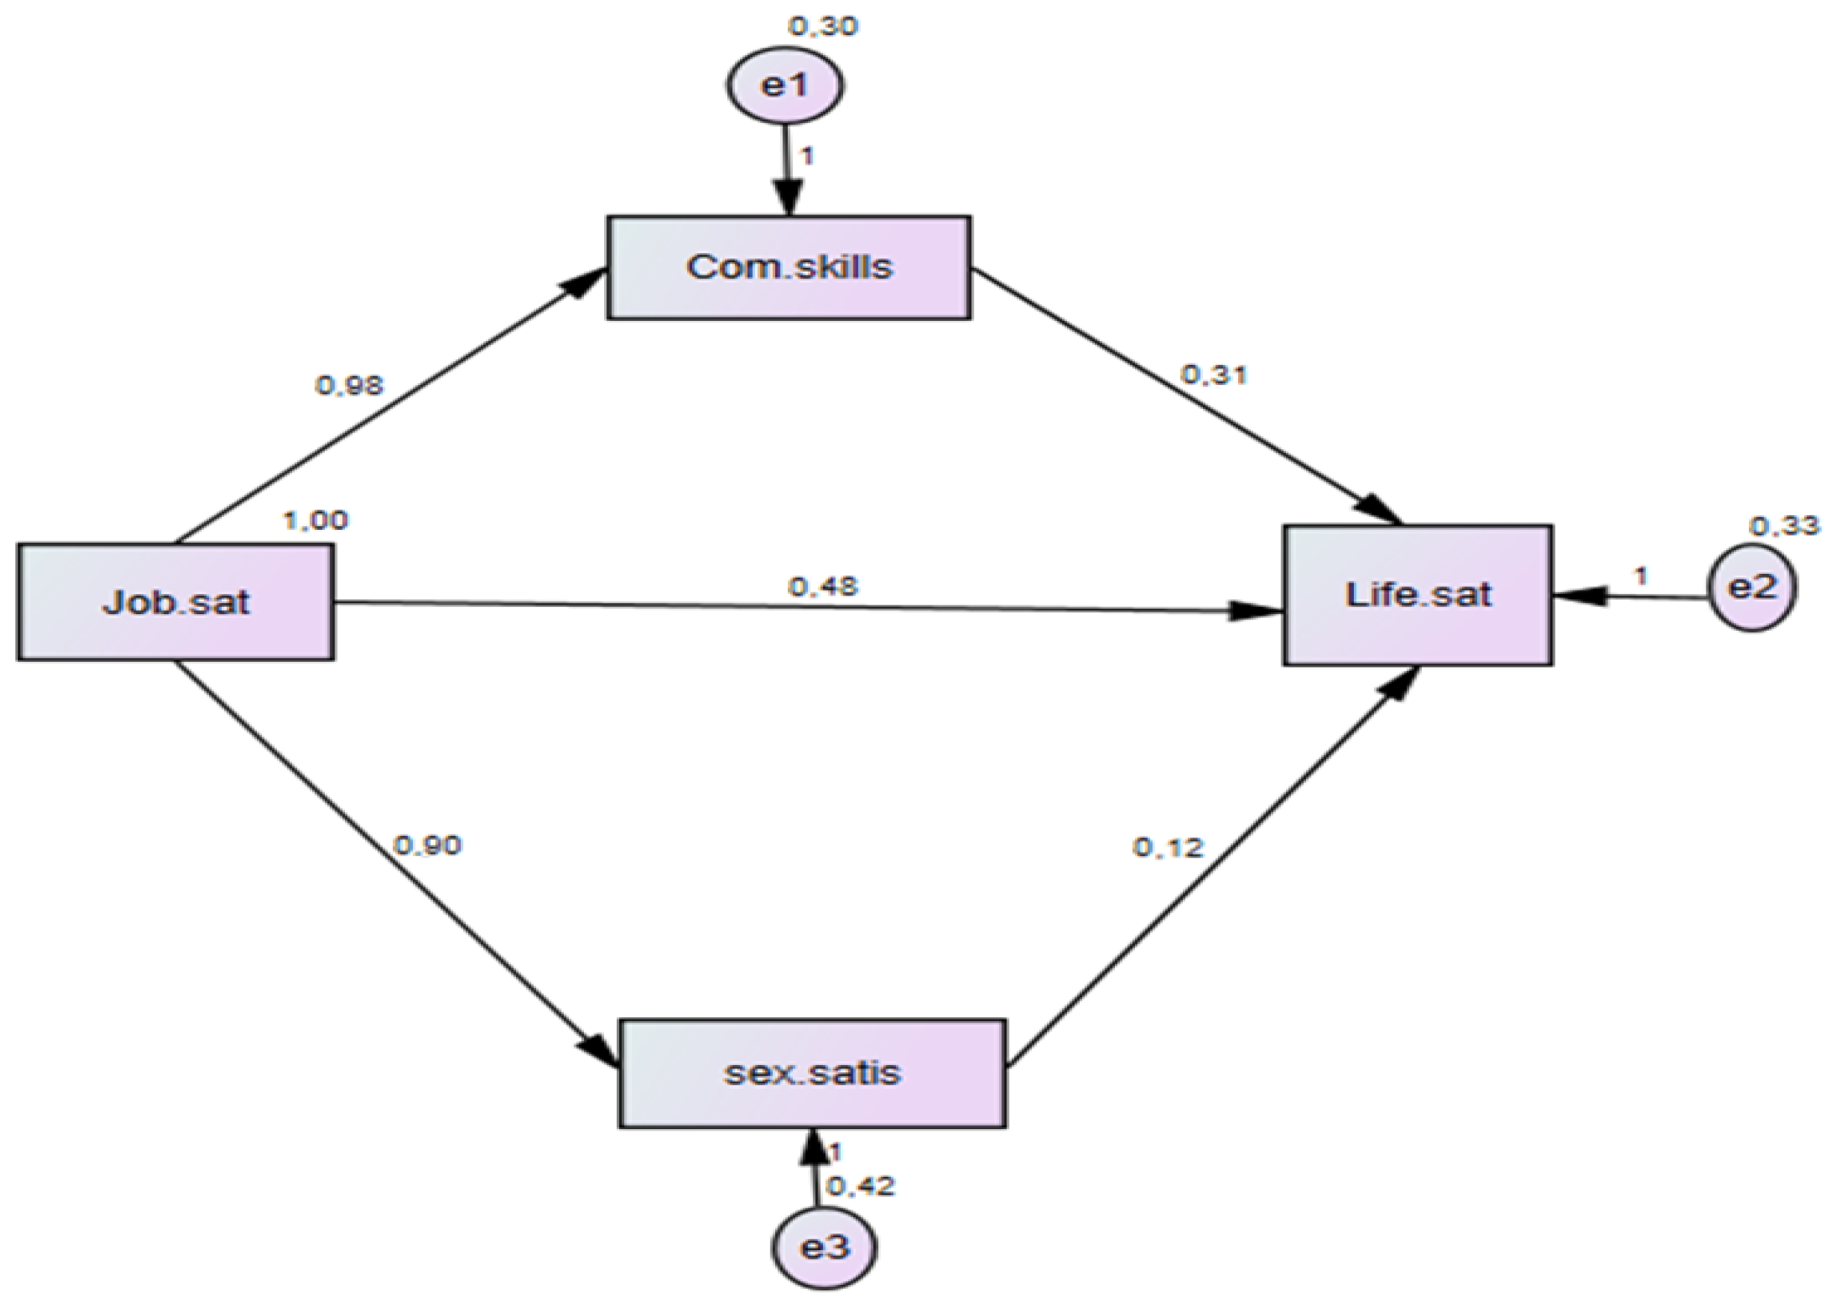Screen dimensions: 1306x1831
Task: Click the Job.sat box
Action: click(x=175, y=602)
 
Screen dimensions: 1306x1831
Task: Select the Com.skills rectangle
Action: click(x=789, y=267)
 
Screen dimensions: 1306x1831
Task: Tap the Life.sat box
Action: click(x=1417, y=595)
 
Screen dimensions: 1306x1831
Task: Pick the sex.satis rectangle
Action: click(x=812, y=1073)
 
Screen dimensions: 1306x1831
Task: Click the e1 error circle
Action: click(x=785, y=84)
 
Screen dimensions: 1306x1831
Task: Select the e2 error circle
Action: click(x=1752, y=588)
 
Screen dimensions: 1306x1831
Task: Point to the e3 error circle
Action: click(x=824, y=1247)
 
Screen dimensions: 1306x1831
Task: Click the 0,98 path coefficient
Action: click(x=349, y=386)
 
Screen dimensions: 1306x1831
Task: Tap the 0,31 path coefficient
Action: click(x=1213, y=375)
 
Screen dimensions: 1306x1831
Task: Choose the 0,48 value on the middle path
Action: click(x=823, y=587)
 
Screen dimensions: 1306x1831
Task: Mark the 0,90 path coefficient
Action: click(x=427, y=846)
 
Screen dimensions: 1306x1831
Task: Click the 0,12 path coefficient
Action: click(x=1167, y=848)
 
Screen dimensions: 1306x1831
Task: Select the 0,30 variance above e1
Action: click(x=823, y=27)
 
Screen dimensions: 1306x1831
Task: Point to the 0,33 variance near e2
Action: click(x=1782, y=526)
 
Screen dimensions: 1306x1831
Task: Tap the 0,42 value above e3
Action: click(x=861, y=1186)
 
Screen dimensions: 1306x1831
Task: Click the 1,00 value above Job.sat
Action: click(x=316, y=521)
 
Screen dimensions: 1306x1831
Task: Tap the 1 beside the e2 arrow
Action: click(x=1641, y=576)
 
